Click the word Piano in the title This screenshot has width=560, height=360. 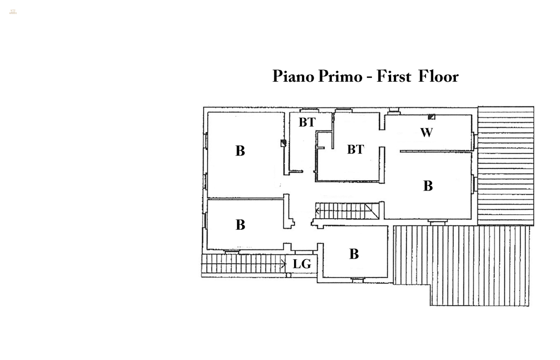tap(292, 77)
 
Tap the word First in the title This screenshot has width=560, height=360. tap(393, 76)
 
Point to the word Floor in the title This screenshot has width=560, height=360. tap(438, 76)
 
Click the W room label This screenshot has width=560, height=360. tap(427, 133)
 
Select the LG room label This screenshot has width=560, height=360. tap(302, 265)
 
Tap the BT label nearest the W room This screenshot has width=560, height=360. tap(355, 150)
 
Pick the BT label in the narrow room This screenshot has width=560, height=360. tap(307, 123)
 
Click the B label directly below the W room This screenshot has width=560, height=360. tap(428, 186)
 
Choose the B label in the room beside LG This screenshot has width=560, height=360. tap(354, 254)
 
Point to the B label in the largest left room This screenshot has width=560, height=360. tap(240, 151)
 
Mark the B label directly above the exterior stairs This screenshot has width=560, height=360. tap(240, 225)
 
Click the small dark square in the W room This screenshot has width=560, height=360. tap(432, 117)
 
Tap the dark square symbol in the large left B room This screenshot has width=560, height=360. tap(283, 143)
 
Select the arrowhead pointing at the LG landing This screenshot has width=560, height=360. tap(283, 264)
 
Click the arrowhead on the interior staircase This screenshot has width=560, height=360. tap(318, 211)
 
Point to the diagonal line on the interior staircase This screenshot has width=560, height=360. tap(372, 210)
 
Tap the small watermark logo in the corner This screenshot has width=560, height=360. tap(13, 11)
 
